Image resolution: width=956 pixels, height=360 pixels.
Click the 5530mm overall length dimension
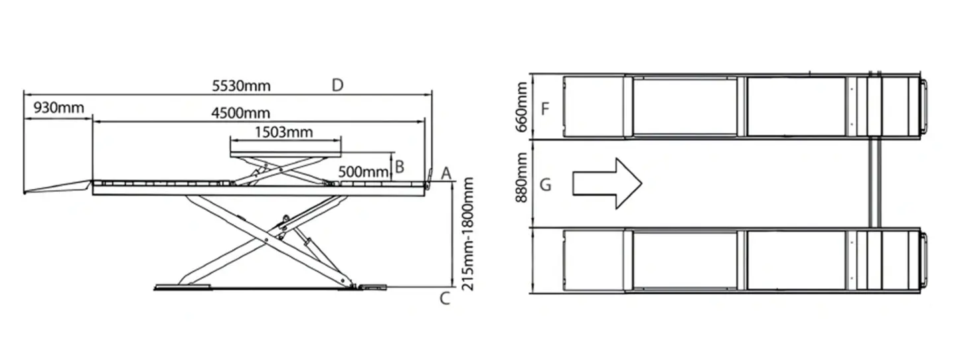pos(242,86)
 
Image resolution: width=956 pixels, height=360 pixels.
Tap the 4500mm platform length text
pos(241,113)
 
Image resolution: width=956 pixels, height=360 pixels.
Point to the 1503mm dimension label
pos(283,132)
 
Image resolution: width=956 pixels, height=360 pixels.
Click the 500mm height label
pos(363,171)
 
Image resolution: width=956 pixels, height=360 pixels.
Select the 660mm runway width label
pos(522,106)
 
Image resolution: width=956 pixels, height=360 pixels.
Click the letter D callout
pos(337,86)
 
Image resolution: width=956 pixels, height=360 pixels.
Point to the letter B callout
pos(400,167)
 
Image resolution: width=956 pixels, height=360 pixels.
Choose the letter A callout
pos(446,173)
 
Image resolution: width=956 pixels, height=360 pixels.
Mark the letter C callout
pos(445,299)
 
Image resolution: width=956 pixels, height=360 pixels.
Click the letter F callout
pos(545,108)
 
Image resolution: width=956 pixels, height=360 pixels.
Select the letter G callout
pos(545,184)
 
